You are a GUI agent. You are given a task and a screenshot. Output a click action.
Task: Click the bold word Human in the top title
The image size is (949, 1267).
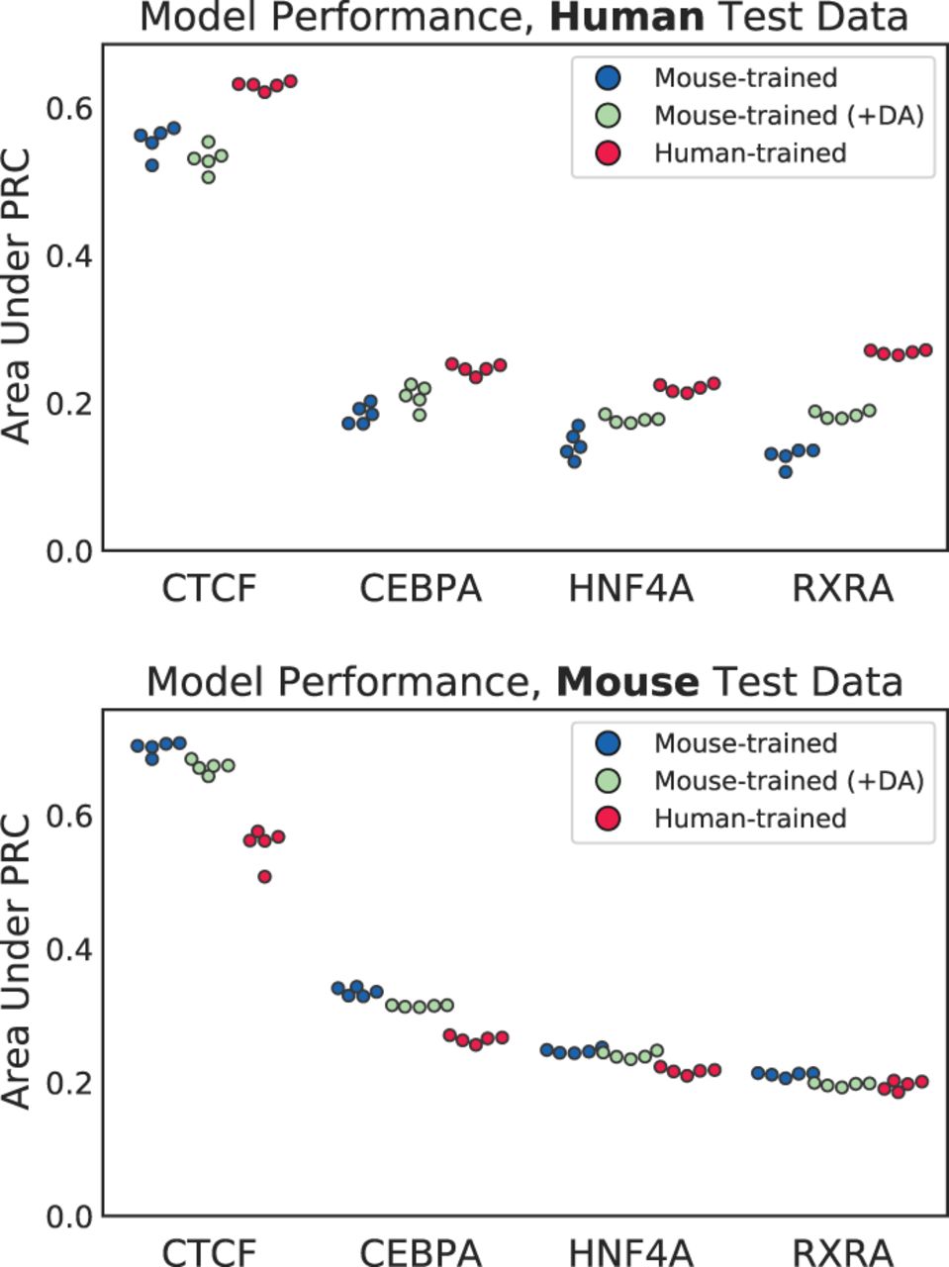(627, 18)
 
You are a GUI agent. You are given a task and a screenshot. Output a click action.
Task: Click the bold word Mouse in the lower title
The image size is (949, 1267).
(628, 682)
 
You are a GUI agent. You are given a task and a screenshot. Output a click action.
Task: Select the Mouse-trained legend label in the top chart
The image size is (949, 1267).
(745, 78)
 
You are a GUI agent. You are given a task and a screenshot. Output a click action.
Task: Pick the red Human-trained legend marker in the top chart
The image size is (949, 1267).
(608, 153)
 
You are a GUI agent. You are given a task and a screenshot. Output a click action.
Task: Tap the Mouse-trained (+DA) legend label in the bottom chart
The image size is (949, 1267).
(790, 780)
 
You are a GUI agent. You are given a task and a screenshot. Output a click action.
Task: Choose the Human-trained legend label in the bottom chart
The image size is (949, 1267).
(750, 818)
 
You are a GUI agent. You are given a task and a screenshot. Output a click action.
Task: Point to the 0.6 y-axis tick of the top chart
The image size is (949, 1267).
(69, 109)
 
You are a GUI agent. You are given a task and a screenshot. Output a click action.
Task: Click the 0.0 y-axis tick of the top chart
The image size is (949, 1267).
(69, 551)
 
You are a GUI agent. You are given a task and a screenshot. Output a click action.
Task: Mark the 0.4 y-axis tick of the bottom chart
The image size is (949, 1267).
(69, 949)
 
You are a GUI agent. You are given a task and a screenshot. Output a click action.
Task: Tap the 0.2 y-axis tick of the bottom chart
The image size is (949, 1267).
(69, 1083)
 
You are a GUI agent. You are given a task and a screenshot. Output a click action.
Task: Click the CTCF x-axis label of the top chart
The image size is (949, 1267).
(209, 589)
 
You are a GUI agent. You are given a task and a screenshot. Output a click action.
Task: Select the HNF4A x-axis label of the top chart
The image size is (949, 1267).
(631, 589)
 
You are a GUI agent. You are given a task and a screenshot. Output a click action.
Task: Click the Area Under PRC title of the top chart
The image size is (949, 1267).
(16, 297)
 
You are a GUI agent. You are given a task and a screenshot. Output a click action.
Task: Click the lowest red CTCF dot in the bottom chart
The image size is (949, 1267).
(264, 877)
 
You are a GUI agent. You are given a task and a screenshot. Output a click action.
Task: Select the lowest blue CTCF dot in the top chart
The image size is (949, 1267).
(151, 165)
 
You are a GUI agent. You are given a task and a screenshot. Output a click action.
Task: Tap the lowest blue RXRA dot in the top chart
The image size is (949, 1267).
(785, 472)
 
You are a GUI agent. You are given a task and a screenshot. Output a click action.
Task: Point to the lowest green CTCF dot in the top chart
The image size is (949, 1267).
(208, 177)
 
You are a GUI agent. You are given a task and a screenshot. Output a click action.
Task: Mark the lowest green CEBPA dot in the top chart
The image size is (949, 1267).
(420, 415)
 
